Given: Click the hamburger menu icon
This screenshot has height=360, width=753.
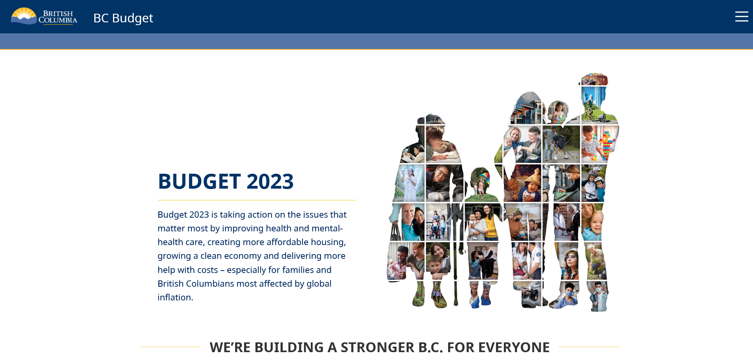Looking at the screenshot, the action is pos(741,16).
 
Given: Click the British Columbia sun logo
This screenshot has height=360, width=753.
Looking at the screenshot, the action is pos(24,16).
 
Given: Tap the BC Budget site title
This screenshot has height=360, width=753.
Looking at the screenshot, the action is pos(123,18).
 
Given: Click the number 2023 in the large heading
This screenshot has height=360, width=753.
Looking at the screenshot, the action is pos(270,181).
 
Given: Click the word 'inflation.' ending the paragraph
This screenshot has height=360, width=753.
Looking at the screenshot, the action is pos(175,297).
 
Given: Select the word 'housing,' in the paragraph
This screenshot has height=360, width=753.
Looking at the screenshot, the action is pos(328,242).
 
